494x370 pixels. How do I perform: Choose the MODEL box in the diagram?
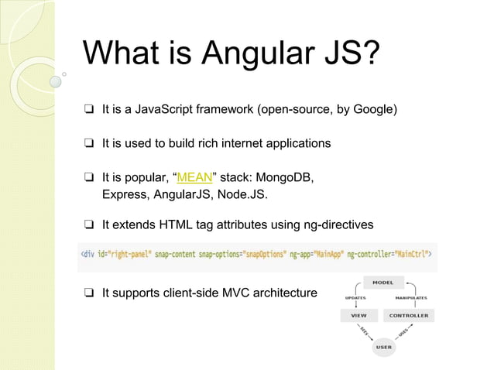click(383, 283)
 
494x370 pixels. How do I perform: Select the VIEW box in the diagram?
click(359, 316)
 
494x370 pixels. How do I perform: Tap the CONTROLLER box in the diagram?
click(409, 316)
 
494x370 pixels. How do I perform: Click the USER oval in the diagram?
click(383, 348)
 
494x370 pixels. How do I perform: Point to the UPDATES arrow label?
click(355, 297)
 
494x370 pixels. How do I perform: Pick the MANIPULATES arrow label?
click(410, 297)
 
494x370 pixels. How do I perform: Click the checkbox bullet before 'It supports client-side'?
click(90, 293)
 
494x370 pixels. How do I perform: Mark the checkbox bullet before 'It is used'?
click(90, 144)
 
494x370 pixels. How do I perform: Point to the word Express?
click(125, 194)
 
